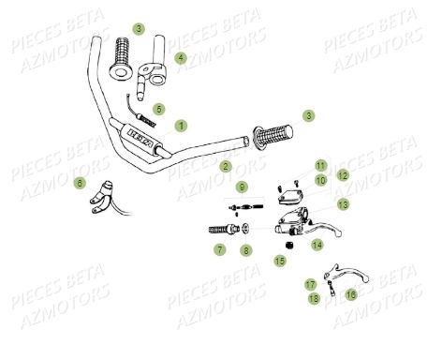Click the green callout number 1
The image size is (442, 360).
[x=181, y=125]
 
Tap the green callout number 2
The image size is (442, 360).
[x=226, y=166]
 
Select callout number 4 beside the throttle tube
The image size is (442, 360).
[x=181, y=57]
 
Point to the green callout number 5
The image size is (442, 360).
[x=159, y=109]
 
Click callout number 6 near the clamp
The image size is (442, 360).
[x=80, y=182]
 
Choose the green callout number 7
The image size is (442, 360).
[x=219, y=249]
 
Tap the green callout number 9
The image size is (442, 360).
[x=242, y=187]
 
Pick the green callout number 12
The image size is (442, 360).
[x=343, y=175]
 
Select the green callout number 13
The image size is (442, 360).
[x=343, y=203]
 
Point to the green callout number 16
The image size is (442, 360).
[x=351, y=293]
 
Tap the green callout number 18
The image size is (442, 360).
[x=315, y=298]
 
